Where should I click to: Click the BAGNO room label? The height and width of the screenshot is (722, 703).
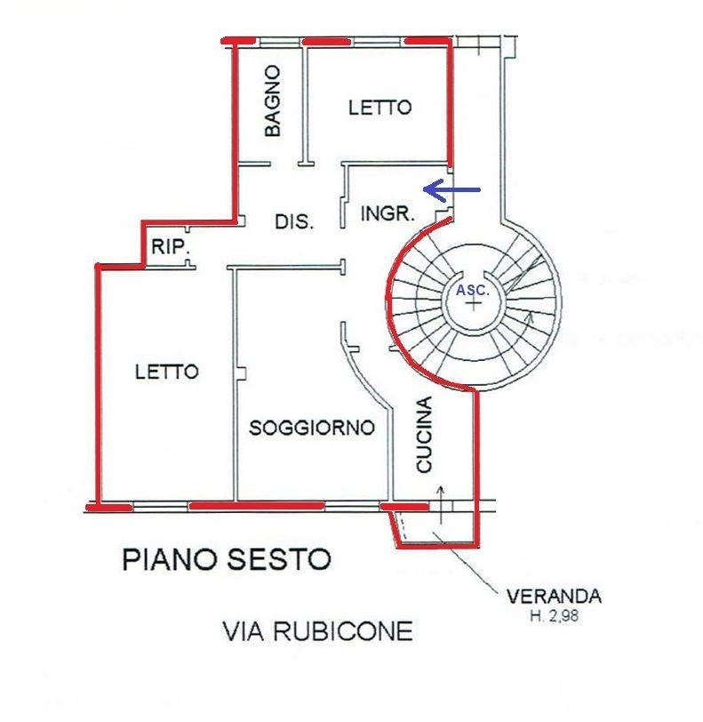pos(272,100)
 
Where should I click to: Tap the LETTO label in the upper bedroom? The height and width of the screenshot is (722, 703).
pos(379,108)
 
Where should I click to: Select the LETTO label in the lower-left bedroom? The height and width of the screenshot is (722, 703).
pos(167,372)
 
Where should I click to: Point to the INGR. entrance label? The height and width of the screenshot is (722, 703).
pos(387,213)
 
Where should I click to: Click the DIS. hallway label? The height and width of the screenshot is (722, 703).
pos(294,222)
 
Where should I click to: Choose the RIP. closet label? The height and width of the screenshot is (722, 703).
pos(171,247)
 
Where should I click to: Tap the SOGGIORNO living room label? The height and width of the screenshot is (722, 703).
pos(312,429)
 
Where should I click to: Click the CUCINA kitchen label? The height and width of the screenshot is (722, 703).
pos(424,435)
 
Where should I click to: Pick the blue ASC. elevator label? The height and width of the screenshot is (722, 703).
pos(473,291)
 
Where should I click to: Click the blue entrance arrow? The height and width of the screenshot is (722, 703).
pos(451,189)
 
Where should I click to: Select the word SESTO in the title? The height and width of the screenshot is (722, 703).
pos(279,559)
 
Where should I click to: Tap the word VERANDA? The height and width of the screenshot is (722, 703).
pos(554,597)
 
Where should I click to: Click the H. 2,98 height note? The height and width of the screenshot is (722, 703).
pos(555,615)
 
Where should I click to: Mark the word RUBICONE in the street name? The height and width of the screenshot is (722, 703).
pos(343,631)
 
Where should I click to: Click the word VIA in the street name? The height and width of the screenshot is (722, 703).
pos(244,631)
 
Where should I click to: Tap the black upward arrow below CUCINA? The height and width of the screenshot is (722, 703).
pos(441,505)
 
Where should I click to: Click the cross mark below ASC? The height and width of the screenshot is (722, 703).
pos(473,303)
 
